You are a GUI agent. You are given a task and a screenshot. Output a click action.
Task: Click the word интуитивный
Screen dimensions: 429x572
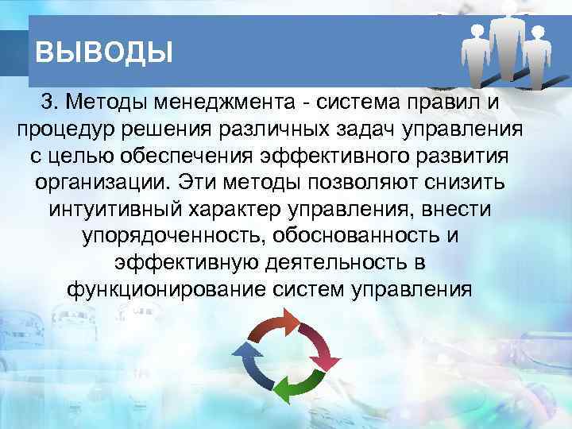point(118,209)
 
